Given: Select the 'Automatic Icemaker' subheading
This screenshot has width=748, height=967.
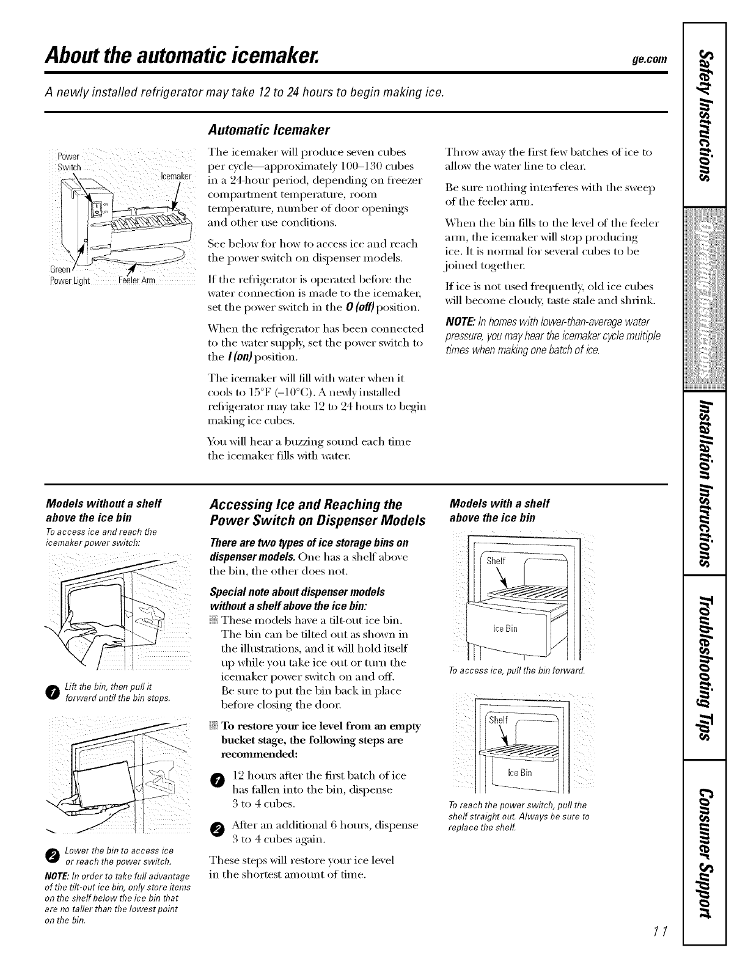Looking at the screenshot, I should pyautogui.click(x=269, y=130).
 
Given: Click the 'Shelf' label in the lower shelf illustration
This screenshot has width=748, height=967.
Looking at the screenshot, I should pyautogui.click(x=499, y=720).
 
